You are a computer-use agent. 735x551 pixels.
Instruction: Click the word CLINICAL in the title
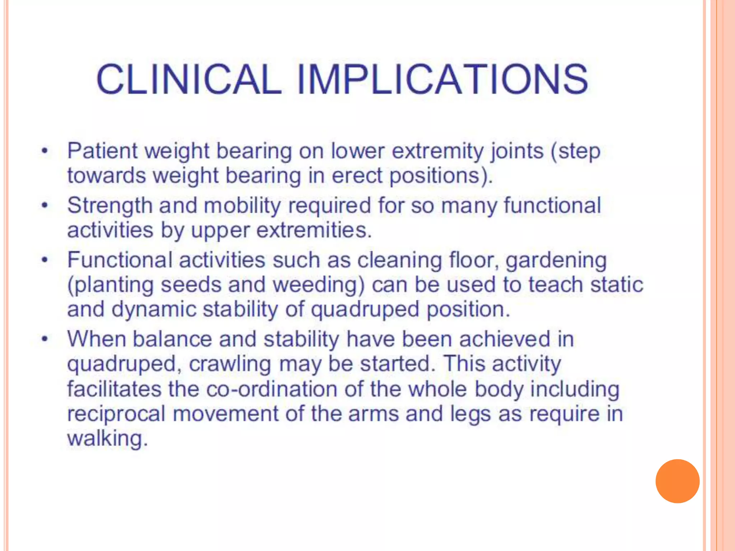[188, 80]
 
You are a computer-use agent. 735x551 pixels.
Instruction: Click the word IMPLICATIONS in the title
[442, 80]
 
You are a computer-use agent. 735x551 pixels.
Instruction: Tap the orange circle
[677, 481]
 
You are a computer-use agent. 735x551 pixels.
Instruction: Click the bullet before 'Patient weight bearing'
[45, 151]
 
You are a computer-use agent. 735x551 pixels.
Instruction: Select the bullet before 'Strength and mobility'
[45, 206]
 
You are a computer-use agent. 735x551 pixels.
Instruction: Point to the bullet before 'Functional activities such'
[45, 260]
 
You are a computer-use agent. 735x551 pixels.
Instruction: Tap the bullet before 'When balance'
[45, 339]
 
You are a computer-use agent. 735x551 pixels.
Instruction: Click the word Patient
[102, 151]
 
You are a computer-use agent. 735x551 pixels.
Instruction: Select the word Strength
[110, 206]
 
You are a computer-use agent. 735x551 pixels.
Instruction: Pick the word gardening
[556, 261]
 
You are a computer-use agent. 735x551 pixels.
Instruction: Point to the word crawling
[230, 364]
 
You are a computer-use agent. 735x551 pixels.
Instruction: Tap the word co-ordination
[272, 389]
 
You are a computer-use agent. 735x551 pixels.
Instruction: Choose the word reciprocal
[116, 414]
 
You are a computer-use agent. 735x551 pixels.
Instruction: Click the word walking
[107, 439]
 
